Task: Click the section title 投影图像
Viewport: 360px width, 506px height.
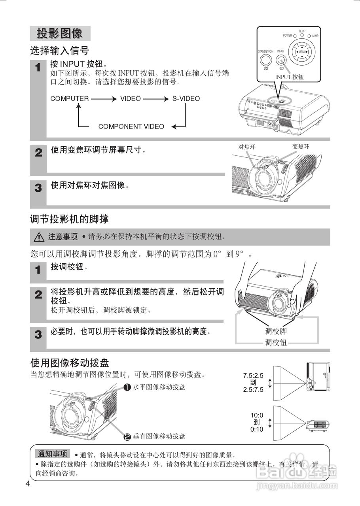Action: tap(60, 34)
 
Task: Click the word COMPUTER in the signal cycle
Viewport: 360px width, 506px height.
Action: tap(70, 98)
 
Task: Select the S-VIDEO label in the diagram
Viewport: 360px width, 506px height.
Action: tap(186, 98)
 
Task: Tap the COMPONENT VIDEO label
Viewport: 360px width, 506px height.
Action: tap(131, 126)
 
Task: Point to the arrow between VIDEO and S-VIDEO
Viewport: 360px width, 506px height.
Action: tap(156, 98)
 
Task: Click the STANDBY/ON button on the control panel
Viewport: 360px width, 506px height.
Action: tap(266, 60)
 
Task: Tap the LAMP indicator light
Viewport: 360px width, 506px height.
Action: tap(309, 36)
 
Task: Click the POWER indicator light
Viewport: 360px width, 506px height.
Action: tap(295, 36)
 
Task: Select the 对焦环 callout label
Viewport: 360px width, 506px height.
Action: tap(247, 147)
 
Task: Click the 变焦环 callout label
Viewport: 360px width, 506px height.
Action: tap(301, 147)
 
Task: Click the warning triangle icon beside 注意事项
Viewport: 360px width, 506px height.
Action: tap(39, 237)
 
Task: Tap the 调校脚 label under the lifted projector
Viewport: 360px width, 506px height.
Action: tap(276, 332)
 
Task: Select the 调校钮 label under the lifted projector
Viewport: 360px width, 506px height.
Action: tap(276, 342)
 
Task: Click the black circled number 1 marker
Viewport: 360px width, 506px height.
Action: tap(127, 387)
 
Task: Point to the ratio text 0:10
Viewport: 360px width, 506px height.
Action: tap(256, 429)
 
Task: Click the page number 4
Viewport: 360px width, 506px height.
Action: tap(27, 484)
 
